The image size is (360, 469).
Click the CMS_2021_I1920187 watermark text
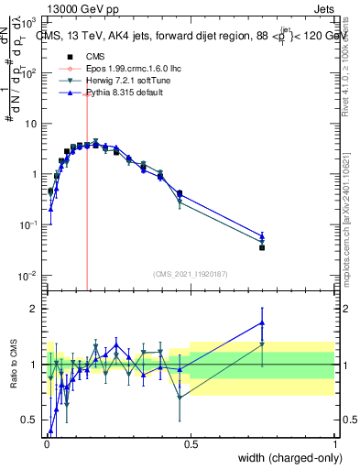tap(190, 273)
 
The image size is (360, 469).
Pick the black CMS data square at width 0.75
tap(262, 247)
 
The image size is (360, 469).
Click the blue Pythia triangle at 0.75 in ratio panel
tap(262, 322)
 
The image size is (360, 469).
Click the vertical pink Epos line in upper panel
tap(87, 202)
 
